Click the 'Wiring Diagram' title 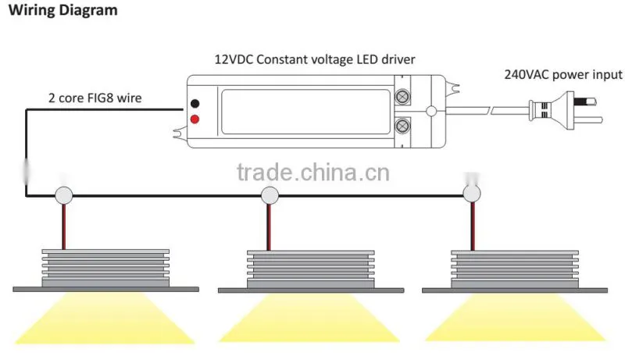(63, 10)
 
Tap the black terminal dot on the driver (195, 104)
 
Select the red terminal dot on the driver (195, 119)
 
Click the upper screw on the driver (402, 97)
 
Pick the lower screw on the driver (402, 127)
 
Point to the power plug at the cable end (565, 110)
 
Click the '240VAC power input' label (562, 74)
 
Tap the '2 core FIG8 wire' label (95, 98)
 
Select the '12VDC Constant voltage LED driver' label (315, 59)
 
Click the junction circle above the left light (64, 195)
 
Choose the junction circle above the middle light (270, 195)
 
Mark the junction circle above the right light (472, 194)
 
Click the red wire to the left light (64, 227)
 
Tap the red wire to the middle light (269, 227)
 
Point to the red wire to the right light (473, 226)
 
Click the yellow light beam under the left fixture (105, 317)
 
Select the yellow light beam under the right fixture (515, 317)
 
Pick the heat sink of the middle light (310, 269)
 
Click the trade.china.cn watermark (313, 173)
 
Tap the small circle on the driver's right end (431, 111)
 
